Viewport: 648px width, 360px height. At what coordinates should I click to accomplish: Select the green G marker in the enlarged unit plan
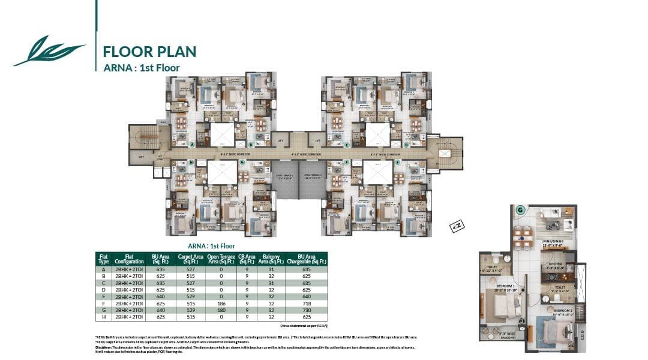[x=520, y=210]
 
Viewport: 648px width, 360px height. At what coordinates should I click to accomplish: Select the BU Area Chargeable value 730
[x=307, y=310]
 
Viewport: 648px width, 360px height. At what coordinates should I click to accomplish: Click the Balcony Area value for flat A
[x=272, y=270]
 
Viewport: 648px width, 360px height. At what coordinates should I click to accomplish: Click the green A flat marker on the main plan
[x=193, y=145]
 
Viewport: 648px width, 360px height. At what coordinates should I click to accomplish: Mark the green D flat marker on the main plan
[x=406, y=145]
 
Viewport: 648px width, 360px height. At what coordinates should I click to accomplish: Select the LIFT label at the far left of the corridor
[x=141, y=157]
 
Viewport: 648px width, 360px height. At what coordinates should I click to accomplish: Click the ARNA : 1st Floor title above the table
[x=211, y=246]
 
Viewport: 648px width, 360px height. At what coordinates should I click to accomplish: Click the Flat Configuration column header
[x=130, y=259]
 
